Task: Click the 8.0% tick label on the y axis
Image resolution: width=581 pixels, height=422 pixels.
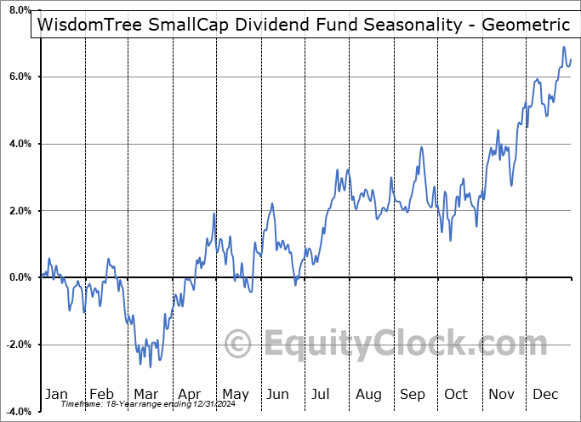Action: pyautogui.click(x=17, y=10)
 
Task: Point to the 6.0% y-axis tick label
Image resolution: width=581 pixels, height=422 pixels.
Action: pyautogui.click(x=17, y=77)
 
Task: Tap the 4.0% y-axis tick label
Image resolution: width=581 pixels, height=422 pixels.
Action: pyautogui.click(x=17, y=144)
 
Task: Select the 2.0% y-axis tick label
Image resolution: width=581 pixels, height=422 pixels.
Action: pyautogui.click(x=17, y=211)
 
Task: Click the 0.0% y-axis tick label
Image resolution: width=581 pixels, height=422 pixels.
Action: pyautogui.click(x=17, y=277)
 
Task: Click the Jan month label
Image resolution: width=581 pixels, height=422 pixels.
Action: pyautogui.click(x=56, y=394)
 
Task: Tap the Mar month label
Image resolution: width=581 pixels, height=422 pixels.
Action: pyautogui.click(x=146, y=394)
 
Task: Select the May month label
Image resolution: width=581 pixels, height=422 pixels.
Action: pyautogui.click(x=235, y=394)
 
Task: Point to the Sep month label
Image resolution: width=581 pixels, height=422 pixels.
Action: pyautogui.click(x=413, y=394)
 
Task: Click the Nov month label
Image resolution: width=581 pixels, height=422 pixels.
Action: pyautogui.click(x=502, y=394)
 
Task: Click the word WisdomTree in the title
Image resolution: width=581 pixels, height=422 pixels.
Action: pyautogui.click(x=92, y=26)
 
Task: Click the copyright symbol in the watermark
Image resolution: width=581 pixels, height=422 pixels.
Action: pyautogui.click(x=240, y=344)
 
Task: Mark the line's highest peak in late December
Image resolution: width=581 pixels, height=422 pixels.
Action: pyautogui.click(x=563, y=47)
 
